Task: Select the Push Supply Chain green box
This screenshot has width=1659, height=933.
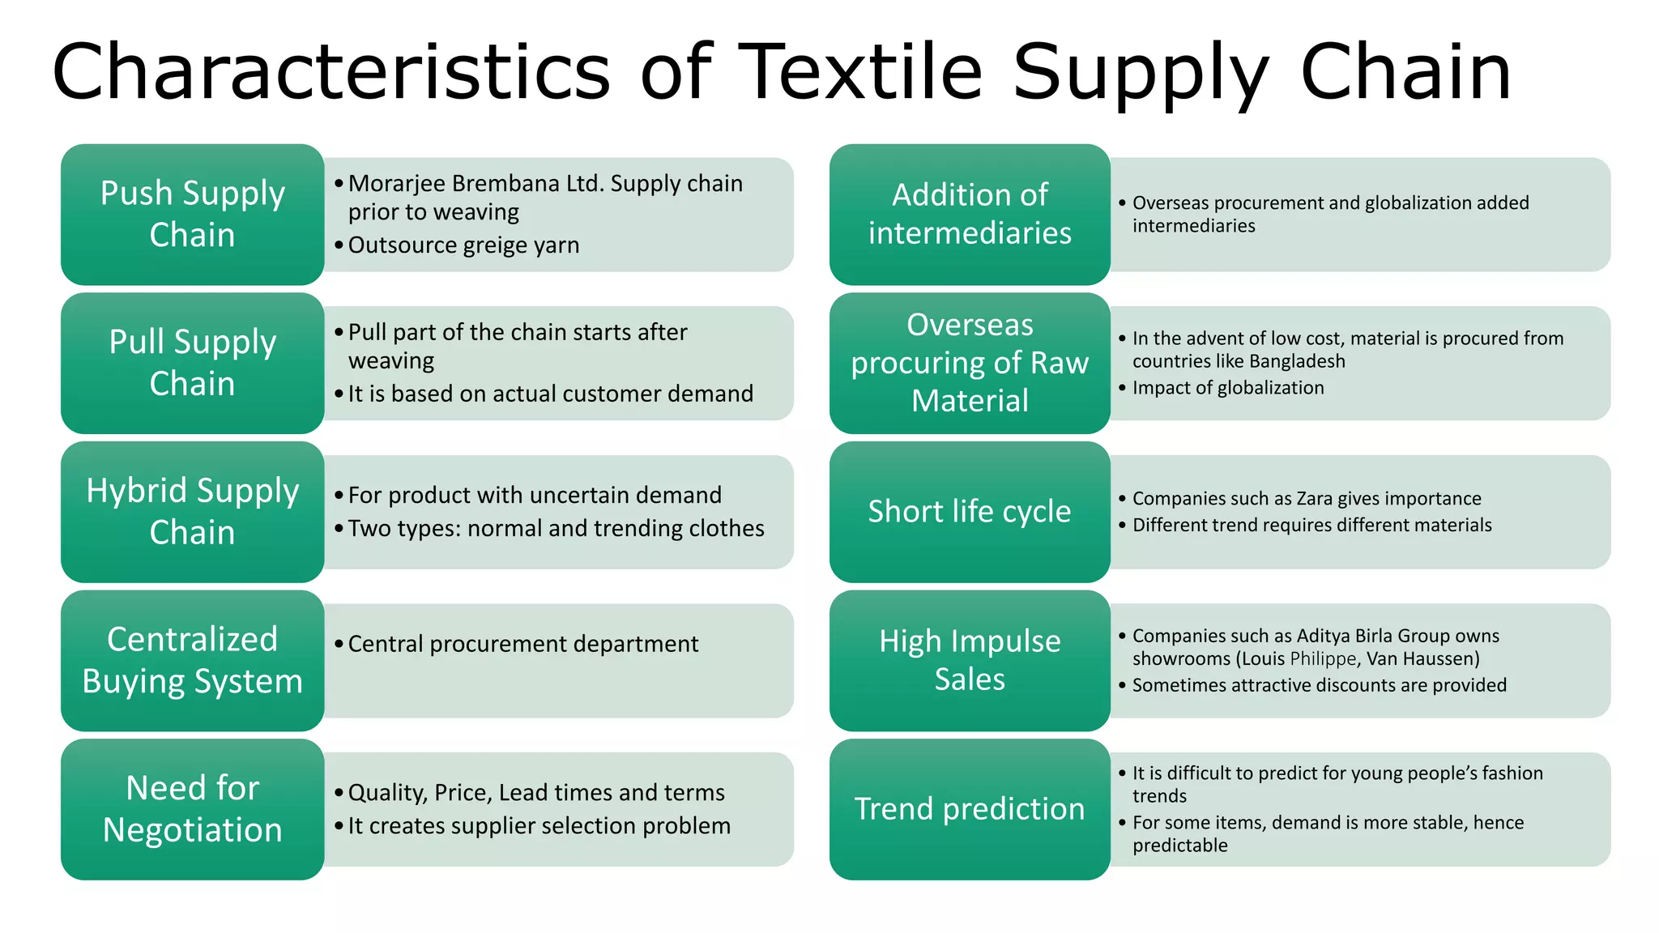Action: point(193,214)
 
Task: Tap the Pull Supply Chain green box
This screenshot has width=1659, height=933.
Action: point(193,363)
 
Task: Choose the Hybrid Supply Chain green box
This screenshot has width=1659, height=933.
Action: point(193,511)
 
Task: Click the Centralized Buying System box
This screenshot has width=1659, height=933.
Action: point(193,660)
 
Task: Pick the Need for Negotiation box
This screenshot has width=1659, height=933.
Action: point(193,809)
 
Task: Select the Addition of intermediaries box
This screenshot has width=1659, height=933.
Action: point(970,214)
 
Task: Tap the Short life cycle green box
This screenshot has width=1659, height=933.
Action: point(970,511)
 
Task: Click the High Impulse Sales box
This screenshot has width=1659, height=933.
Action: point(970,660)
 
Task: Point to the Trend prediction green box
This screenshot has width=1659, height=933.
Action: point(970,809)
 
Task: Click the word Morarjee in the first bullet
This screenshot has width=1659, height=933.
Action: point(396,184)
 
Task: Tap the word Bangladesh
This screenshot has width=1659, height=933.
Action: point(1297,361)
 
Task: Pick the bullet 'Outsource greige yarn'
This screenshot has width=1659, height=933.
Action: point(463,245)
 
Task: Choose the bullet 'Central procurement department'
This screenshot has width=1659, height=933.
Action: point(522,644)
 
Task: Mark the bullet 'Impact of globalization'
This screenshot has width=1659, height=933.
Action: point(1227,388)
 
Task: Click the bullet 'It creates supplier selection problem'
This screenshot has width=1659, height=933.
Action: point(539,826)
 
